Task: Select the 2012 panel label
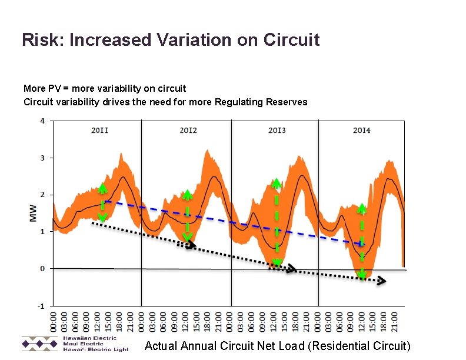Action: (x=188, y=130)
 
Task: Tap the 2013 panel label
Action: (x=277, y=130)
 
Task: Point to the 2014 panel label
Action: (x=361, y=130)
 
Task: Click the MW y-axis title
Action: (x=34, y=213)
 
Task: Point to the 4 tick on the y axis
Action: (x=42, y=121)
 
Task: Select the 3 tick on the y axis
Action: (x=42, y=158)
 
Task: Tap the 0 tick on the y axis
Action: (x=42, y=269)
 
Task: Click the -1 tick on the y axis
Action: (x=41, y=306)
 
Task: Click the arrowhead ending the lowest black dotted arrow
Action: (x=381, y=281)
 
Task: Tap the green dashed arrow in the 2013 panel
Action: (x=276, y=224)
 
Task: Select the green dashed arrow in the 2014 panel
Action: (x=362, y=241)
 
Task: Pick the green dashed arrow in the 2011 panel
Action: (x=102, y=204)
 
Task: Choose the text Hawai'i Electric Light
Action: (x=95, y=349)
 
